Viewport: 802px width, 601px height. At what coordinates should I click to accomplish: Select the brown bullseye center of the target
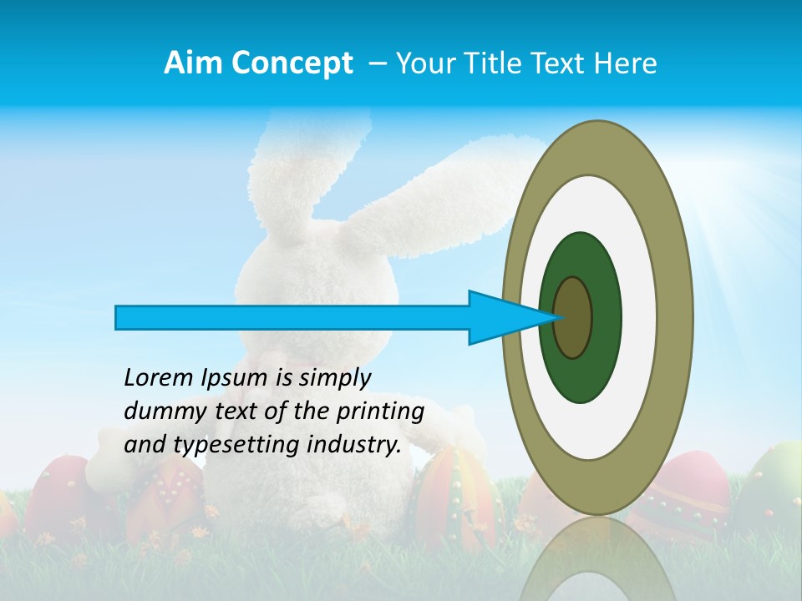(573, 317)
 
